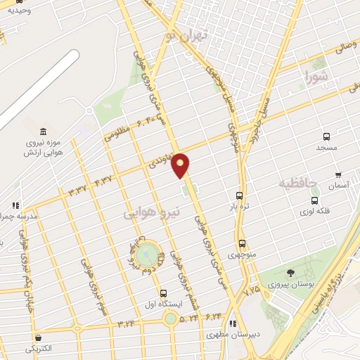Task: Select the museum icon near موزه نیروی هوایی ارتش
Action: (x=44, y=131)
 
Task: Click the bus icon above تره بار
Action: (x=240, y=196)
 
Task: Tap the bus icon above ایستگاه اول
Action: (x=164, y=293)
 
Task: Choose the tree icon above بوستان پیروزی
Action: (x=291, y=273)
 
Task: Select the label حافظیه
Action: (x=299, y=183)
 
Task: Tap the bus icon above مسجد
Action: (x=326, y=137)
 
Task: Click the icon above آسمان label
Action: (x=338, y=174)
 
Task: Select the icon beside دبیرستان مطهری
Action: (x=231, y=324)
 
